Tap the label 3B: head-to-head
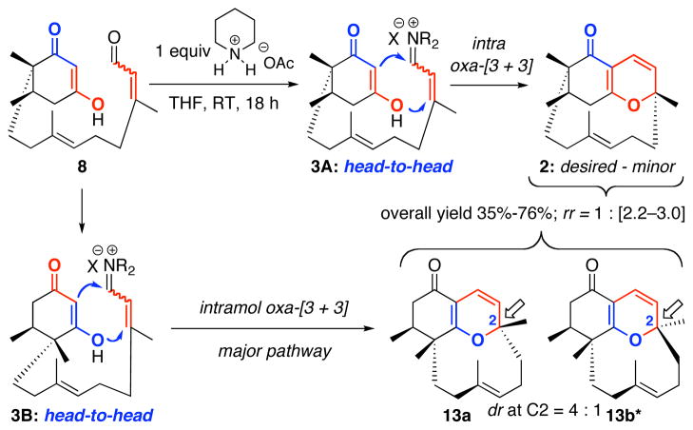86,417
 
